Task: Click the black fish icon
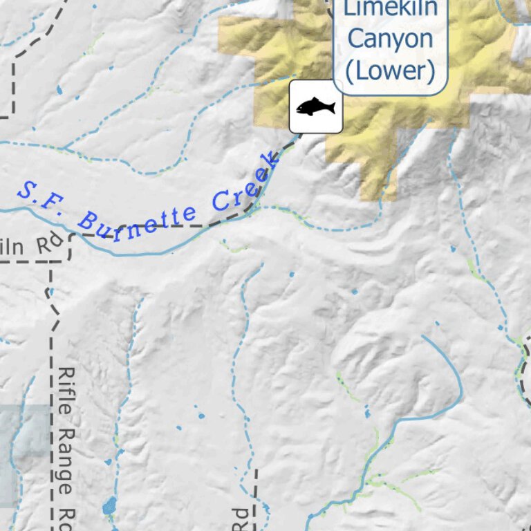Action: (316, 106)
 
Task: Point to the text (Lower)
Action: (390, 70)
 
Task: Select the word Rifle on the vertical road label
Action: (66, 387)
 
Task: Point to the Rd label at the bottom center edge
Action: (239, 519)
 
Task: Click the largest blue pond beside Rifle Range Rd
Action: (109, 506)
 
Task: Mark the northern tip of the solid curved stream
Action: (423, 337)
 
